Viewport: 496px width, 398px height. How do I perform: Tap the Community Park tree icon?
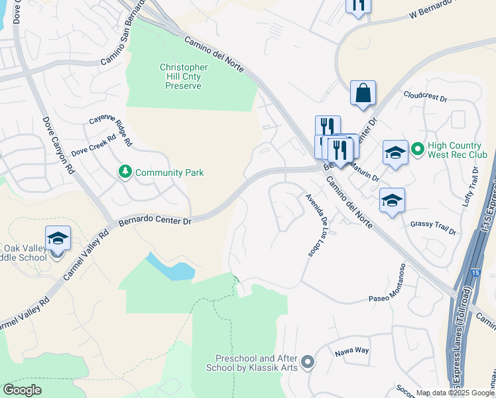pyautogui.click(x=125, y=172)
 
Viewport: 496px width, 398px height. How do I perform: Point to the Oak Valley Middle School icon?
pyautogui.click(x=58, y=237)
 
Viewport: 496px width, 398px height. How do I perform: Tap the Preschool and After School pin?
pyautogui.click(x=307, y=362)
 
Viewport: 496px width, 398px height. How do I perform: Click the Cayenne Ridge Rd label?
pyautogui.click(x=111, y=129)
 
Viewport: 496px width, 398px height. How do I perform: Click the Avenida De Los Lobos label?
pyautogui.click(x=318, y=226)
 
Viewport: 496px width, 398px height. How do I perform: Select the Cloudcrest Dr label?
pyautogui.click(x=425, y=97)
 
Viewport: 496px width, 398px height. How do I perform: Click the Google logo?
pyautogui.click(x=21, y=390)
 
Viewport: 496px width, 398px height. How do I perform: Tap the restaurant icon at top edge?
pyautogui.click(x=359, y=5)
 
